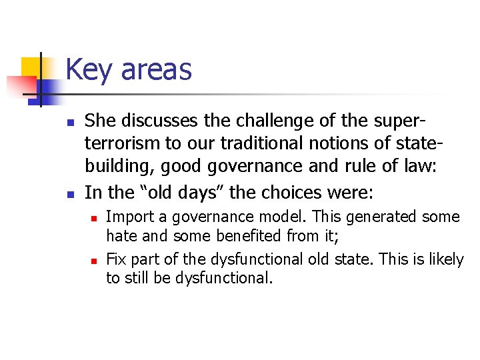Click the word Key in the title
[88, 70]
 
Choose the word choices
[291, 193]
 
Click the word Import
[128, 217]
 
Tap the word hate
[121, 235]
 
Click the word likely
[446, 259]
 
